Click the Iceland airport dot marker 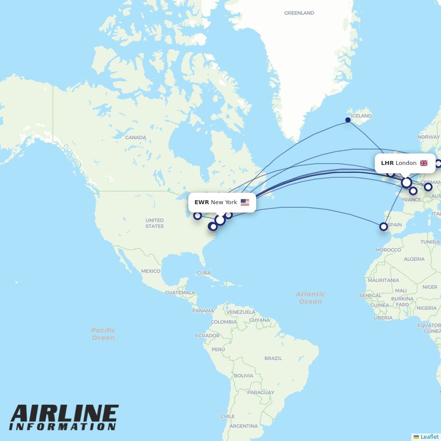click(348, 120)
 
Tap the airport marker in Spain click(384, 227)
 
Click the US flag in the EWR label click(245, 202)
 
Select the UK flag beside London click(424, 163)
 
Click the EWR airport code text click(202, 202)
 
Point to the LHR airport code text click(387, 163)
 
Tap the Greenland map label click(299, 13)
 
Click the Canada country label click(135, 138)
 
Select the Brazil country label click(273, 358)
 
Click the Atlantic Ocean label click(310, 298)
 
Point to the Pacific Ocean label click(103, 334)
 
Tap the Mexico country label click(150, 271)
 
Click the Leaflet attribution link click(429, 437)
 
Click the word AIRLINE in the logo click(64, 414)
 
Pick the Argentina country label click(243, 426)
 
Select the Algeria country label click(414, 259)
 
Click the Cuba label click(204, 273)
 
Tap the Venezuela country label click(240, 312)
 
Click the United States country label click(154, 223)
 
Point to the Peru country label click(218, 350)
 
